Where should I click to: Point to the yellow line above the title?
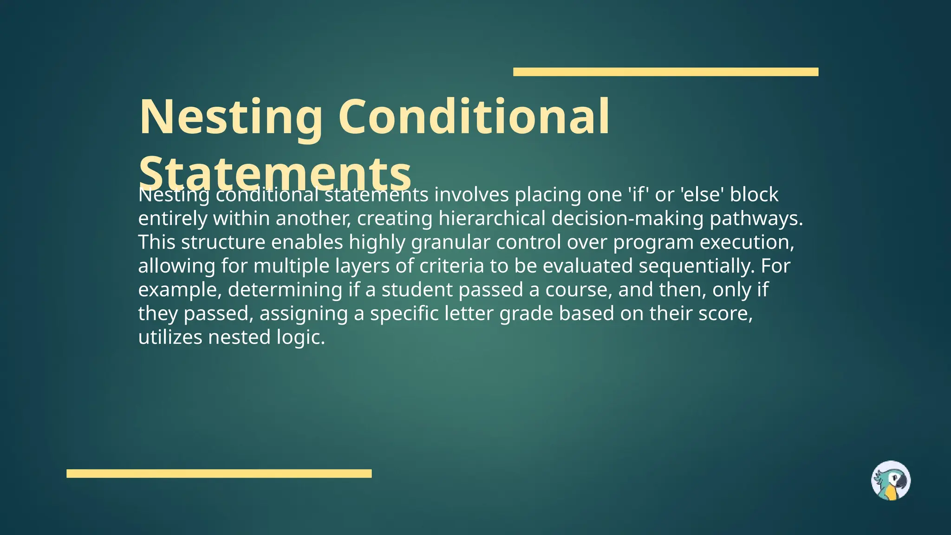(665, 72)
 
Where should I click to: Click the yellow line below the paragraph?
(219, 473)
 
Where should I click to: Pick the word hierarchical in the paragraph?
(492, 218)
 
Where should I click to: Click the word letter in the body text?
(469, 313)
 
